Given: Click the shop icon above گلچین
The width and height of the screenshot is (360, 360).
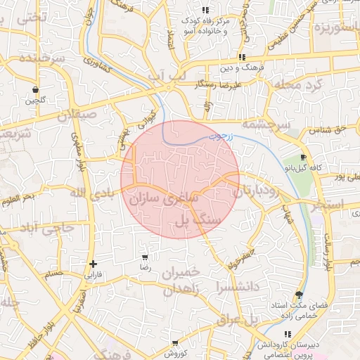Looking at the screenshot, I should (35, 89).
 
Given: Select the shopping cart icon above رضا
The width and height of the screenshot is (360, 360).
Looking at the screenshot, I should (145, 257).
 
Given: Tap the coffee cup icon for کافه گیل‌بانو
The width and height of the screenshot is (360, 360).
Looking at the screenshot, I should (303, 157).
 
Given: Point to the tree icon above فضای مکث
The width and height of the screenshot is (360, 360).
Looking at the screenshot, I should (300, 295).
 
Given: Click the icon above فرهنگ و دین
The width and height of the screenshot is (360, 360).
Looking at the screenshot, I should (242, 57).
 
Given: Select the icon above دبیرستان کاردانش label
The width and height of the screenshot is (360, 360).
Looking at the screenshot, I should (286, 335).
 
